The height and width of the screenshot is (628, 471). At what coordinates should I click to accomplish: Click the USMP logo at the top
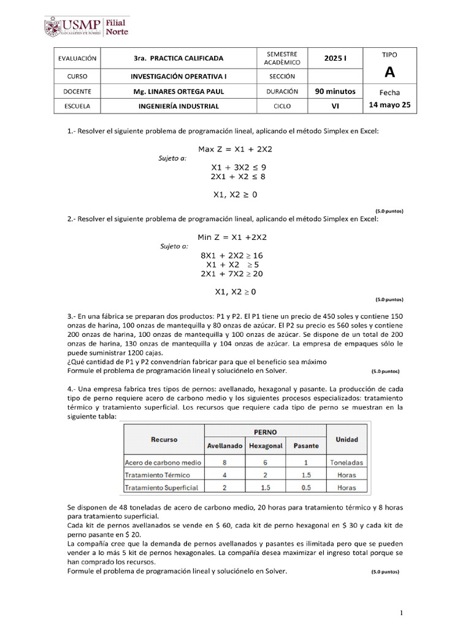pos(86,27)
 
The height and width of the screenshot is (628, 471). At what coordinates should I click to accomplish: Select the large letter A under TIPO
pos(389,73)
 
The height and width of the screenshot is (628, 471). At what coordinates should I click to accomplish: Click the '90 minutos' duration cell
pos(335,91)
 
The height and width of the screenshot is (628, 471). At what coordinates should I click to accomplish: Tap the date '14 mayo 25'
pos(389,105)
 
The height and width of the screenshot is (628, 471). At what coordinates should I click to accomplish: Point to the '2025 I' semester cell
pos(335,58)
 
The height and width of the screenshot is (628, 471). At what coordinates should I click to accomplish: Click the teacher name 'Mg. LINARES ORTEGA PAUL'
pos(178,91)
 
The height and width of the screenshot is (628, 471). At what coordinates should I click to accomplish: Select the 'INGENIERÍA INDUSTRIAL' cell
pos(178,106)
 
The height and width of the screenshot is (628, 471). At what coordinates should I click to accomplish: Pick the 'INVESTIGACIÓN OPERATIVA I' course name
pos(178,76)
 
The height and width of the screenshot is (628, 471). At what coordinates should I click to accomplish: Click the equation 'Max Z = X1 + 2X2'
pos(235,149)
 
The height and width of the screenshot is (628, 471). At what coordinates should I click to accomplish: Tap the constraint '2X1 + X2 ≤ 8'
pos(238,177)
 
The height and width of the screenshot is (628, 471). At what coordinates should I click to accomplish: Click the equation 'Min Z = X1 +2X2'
pos(232,237)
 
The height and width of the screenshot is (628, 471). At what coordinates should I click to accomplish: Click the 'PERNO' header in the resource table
pos(264,432)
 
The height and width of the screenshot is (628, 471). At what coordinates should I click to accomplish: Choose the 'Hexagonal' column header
pos(266,446)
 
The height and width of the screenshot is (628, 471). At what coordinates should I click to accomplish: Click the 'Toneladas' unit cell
pos(347,462)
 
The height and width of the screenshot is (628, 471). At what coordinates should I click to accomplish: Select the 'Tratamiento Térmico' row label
pos(157,475)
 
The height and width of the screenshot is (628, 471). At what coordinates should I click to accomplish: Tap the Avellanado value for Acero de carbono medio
pos(224,462)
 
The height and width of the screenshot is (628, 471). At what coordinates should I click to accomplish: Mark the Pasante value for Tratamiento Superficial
pos(306,488)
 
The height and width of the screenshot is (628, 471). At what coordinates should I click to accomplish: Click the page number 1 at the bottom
pos(401,613)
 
